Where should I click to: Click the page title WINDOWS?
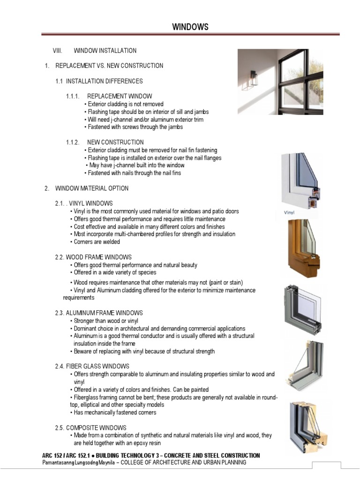[190, 27]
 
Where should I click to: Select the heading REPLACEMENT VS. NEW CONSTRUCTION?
[109, 66]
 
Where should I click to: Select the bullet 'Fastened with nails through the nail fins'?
[132, 173]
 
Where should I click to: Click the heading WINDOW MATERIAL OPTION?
[92, 188]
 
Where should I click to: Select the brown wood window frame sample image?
[302, 248]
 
